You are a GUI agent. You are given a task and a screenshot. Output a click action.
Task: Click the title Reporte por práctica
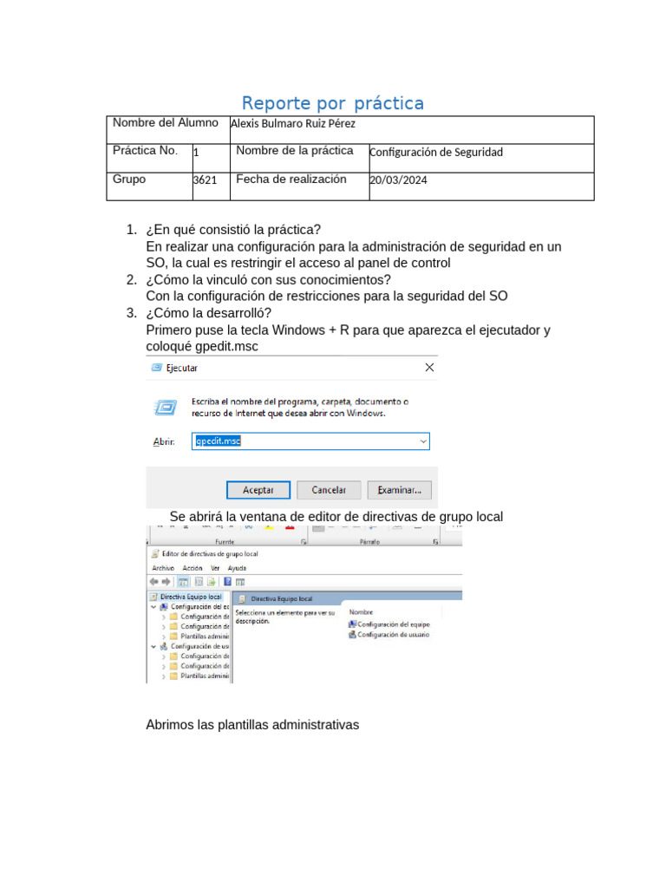(332, 104)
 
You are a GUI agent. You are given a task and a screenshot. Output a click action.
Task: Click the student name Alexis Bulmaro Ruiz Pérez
(292, 124)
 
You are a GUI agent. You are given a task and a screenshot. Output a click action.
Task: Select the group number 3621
(205, 180)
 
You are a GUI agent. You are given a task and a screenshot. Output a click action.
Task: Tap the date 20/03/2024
(398, 180)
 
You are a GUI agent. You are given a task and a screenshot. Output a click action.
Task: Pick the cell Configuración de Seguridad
(435, 152)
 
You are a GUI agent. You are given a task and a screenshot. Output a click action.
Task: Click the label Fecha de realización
(291, 179)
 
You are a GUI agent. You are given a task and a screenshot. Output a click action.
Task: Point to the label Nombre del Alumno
(165, 122)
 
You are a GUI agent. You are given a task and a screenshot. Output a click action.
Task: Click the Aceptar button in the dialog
(258, 490)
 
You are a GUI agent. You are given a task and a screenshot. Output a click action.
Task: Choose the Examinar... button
(399, 490)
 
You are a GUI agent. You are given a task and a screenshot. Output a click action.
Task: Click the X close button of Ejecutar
(428, 368)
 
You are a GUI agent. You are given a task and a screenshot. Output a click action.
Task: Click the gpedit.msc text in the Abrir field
(218, 441)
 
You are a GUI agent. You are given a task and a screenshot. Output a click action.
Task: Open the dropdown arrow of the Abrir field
(423, 441)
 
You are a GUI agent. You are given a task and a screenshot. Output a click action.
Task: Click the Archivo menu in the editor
(163, 568)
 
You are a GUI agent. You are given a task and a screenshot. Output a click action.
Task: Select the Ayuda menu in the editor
(237, 568)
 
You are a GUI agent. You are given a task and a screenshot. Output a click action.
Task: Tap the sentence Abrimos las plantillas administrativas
(252, 724)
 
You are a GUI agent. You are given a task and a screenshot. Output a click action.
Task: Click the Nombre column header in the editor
(362, 611)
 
